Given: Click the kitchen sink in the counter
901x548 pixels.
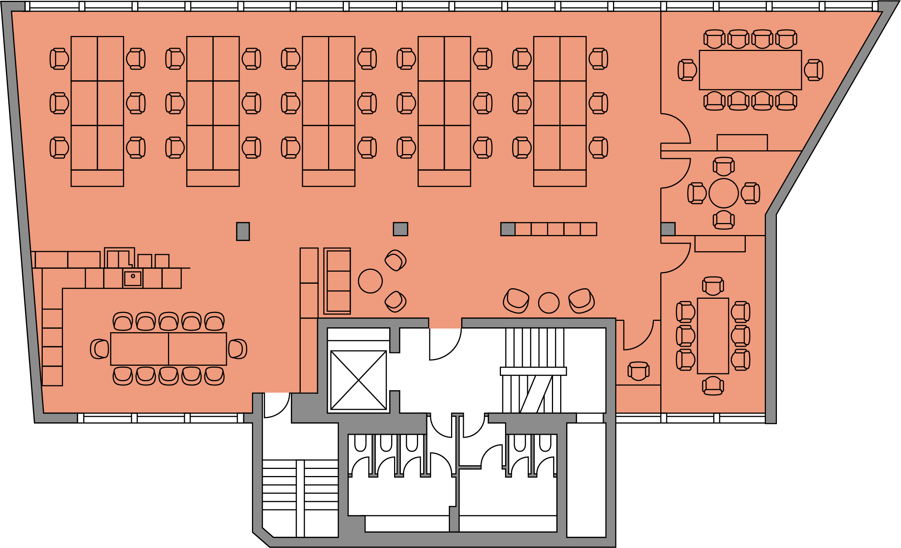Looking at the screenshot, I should [x=133, y=278].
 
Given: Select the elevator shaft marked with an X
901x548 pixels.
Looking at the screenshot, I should [x=358, y=380].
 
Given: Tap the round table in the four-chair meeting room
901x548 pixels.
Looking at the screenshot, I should [x=723, y=193].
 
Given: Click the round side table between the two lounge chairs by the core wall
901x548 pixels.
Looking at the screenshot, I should [x=549, y=302].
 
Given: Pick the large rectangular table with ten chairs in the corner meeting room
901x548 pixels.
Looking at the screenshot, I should [x=750, y=70].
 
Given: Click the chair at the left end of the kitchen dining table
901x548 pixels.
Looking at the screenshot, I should [x=100, y=349].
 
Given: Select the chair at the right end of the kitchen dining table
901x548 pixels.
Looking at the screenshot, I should [x=237, y=349].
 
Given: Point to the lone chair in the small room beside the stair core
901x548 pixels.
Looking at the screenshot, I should [x=638, y=371].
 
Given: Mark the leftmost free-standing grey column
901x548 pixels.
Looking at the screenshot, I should [x=243, y=231].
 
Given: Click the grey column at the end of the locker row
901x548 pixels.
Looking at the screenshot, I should [x=508, y=229].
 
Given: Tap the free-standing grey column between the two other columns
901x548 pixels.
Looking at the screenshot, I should [x=400, y=229].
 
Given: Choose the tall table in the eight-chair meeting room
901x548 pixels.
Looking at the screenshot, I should [x=712, y=336].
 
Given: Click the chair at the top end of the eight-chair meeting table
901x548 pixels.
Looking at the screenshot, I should [x=712, y=286].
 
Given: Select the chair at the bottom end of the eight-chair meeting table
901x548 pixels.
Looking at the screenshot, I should [x=712, y=386].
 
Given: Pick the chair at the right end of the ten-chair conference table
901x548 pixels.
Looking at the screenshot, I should [x=813, y=70].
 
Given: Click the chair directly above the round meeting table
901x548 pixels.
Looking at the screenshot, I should [x=723, y=166].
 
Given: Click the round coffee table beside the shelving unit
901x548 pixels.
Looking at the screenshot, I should [x=370, y=281].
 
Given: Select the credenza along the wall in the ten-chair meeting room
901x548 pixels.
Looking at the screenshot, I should [x=742, y=142].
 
